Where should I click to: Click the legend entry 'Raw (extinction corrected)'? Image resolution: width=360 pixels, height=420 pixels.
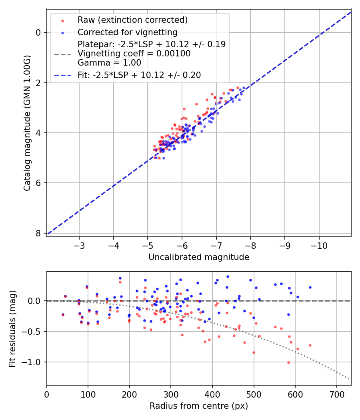132,20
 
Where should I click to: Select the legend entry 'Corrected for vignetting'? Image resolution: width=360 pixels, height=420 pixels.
127,32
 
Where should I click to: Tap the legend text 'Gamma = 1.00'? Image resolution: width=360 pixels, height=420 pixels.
109,62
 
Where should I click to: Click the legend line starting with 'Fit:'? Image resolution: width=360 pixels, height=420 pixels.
139,75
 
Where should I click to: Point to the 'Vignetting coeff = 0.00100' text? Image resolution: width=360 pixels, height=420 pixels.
134,53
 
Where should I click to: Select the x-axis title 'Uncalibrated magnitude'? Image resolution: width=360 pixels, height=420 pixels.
199,257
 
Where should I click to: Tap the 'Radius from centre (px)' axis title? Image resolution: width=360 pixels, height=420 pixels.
199,406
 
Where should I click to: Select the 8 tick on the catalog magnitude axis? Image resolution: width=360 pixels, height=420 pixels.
38,233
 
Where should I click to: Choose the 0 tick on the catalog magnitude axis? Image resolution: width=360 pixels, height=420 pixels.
38,32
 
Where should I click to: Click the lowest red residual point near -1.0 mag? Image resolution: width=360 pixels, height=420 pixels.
288,362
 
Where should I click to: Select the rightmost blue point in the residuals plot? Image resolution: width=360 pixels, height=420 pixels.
310,287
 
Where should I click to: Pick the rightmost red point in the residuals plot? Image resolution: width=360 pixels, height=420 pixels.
310,345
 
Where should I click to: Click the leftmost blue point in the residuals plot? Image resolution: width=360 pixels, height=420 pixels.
63,315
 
